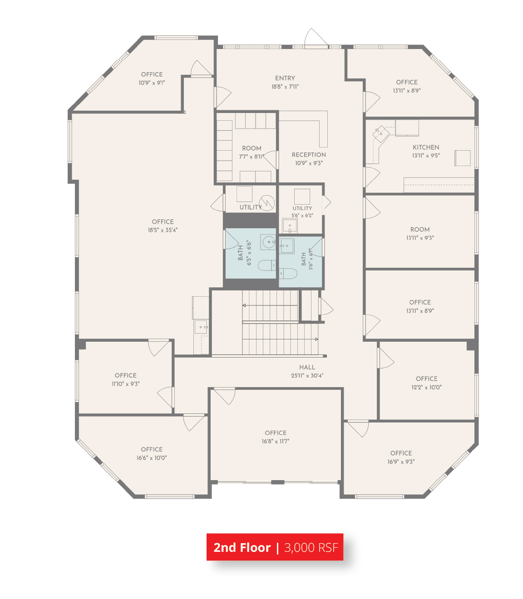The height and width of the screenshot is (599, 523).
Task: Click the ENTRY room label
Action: [285, 78]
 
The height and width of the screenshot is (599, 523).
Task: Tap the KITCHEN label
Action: [425, 147]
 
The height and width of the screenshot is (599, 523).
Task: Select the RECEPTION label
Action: [308, 155]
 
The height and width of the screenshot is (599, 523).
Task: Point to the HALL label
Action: [307, 367]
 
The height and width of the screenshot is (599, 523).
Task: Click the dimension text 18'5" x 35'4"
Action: [163, 230]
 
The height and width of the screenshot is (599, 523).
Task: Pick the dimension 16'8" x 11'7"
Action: [275, 441]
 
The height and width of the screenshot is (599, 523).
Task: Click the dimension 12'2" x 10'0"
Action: [426, 387]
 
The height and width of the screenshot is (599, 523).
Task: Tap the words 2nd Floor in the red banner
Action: [242, 547]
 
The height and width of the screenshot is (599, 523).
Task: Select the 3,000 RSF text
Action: [311, 547]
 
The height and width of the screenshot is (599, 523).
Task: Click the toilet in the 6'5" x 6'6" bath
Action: [266, 265]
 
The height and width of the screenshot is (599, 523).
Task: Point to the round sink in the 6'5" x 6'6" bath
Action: [268, 242]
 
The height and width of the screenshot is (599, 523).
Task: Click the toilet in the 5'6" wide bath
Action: [288, 274]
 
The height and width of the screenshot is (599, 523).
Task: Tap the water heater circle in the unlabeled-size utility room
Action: [266, 202]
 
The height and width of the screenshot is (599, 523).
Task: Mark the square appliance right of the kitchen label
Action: [462, 158]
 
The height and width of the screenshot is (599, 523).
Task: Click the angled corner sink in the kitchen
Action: [381, 134]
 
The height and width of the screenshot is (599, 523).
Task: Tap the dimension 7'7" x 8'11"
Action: [251, 157]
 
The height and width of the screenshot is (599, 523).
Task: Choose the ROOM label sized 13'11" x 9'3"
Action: [419, 230]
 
